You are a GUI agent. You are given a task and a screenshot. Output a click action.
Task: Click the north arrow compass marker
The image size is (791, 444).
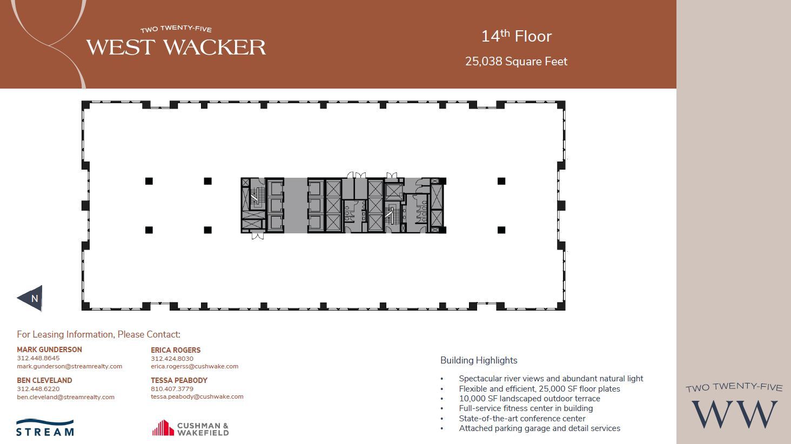[x=31, y=298]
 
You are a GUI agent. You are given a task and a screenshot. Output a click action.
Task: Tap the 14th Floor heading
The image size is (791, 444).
[x=516, y=36]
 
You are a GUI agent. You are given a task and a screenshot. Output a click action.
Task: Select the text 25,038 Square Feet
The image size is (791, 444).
[x=516, y=62]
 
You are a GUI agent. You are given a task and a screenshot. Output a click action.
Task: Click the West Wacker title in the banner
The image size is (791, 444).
[x=176, y=47]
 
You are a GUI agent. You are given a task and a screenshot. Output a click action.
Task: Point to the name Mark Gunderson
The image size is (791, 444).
[x=49, y=349]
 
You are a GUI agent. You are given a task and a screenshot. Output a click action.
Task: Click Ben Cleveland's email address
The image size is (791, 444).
[x=65, y=397]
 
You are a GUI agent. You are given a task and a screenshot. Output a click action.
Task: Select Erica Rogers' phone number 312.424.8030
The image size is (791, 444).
[x=172, y=359]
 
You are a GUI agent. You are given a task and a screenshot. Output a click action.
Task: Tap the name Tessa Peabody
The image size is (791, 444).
[x=179, y=380]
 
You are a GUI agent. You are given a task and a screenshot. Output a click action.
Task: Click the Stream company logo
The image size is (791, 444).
[x=45, y=427]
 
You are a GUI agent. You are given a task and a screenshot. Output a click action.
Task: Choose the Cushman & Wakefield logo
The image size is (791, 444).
[x=190, y=428]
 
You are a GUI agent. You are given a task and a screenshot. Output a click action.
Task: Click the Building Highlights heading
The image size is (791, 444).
[x=479, y=360]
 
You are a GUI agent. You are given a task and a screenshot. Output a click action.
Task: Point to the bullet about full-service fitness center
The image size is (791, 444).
[x=526, y=408]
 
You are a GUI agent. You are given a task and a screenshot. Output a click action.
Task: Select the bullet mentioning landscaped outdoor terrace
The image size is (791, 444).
[x=529, y=399]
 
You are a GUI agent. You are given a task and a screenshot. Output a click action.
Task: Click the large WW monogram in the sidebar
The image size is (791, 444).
[x=734, y=414]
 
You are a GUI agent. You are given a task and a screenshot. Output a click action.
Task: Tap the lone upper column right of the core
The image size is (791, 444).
[x=501, y=181]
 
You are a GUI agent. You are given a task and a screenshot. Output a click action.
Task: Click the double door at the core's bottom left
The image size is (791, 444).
[x=258, y=236]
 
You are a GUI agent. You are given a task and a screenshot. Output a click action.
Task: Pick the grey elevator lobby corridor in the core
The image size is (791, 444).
[x=296, y=205]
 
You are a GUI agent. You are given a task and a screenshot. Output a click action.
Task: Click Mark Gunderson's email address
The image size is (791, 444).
[x=69, y=366]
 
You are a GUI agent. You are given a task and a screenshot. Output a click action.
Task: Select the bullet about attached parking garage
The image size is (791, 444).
[x=539, y=428]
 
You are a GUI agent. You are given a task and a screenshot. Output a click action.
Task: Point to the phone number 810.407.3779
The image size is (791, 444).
[x=172, y=389]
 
